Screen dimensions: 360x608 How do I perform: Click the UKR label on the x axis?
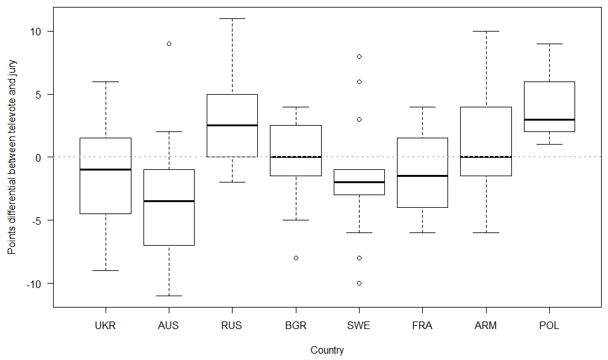105,326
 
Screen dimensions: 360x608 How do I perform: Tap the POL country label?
549,326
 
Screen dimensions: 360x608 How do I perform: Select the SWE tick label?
358,326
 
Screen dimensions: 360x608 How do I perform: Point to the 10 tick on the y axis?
35,32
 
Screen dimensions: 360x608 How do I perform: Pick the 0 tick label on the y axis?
39,157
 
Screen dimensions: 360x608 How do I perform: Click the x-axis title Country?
327,350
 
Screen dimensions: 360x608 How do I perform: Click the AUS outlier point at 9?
169,44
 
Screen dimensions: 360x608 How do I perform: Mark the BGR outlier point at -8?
295,258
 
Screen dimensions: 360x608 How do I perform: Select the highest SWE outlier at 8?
359,56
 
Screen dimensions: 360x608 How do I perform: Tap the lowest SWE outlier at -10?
359,283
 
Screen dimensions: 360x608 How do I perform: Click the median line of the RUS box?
232,125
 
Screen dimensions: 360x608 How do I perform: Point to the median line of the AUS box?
169,201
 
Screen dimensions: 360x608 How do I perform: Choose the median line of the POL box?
549,119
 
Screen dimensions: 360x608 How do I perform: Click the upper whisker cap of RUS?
232,19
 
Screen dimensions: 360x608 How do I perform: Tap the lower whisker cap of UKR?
106,270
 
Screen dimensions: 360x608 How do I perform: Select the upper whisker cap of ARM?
485,31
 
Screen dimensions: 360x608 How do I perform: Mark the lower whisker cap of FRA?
422,232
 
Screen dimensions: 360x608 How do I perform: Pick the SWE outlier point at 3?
359,119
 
